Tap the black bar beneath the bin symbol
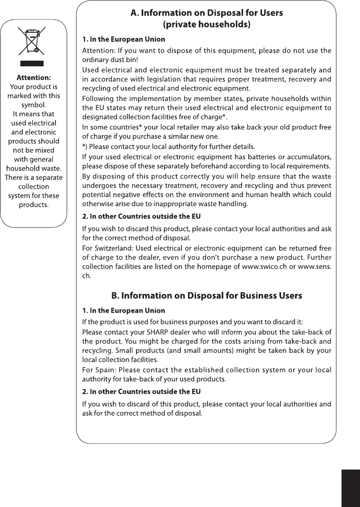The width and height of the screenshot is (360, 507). [x=31, y=63]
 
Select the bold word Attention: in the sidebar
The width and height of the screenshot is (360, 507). [x=34, y=78]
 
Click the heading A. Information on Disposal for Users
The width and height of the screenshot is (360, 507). [x=207, y=13]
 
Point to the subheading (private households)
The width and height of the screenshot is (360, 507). [x=207, y=24]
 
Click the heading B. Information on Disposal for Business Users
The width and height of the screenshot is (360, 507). [x=207, y=296]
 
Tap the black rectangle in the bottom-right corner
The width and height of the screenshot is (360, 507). [x=350, y=488]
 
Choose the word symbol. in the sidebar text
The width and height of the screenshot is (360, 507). [x=34, y=105]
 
